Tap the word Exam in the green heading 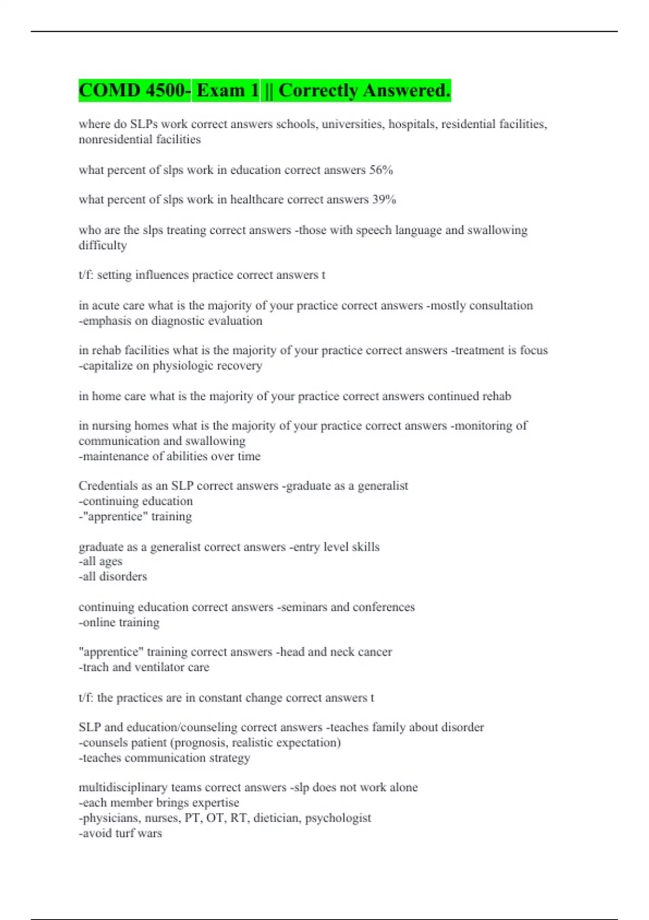221,90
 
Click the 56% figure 381,170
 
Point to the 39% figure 384,200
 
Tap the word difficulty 103,246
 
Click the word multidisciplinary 123,787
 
